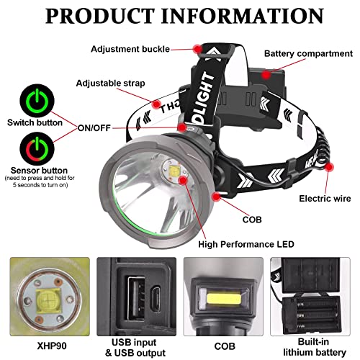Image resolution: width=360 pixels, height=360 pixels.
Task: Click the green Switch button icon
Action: coord(37,101)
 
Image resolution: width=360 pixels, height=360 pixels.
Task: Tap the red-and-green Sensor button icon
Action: coord(37,149)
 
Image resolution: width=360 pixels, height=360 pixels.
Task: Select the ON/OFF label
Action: coord(94,128)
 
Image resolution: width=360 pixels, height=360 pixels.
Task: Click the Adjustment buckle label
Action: coord(130,49)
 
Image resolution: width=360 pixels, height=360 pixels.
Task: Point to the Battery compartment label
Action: coord(308,53)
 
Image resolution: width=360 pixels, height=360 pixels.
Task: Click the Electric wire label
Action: coord(325,199)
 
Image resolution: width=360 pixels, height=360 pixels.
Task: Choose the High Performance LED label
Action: coord(246,244)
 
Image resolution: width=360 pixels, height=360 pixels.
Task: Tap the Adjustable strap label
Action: coord(110,84)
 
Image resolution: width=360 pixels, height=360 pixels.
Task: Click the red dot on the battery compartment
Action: coord(266,75)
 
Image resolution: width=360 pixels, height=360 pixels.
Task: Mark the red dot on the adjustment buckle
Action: coord(198,49)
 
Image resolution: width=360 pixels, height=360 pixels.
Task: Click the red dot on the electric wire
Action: coord(329,167)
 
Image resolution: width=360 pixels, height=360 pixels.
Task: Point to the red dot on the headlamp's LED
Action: coord(184,180)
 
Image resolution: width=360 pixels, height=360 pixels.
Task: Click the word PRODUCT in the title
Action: coord(99,16)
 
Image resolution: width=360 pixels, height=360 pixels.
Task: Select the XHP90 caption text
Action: coord(52,346)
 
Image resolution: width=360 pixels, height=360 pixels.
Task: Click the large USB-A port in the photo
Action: coord(136,298)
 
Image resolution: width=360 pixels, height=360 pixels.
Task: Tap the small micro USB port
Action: coord(156,299)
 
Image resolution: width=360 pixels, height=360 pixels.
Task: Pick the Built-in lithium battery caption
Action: coord(315,347)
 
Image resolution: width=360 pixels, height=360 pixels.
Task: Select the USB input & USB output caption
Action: coord(135,347)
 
